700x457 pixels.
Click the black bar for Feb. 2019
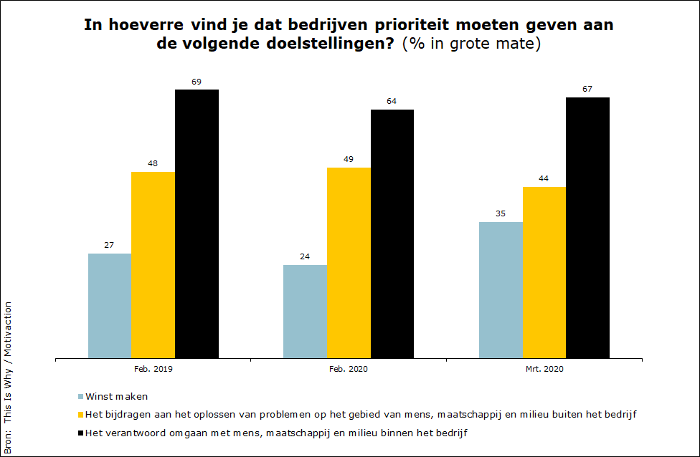click(197, 223)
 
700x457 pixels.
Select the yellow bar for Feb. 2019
click(153, 264)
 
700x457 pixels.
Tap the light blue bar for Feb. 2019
click(110, 305)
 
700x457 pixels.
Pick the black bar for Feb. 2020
click(392, 234)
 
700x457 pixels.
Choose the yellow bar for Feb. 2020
click(349, 262)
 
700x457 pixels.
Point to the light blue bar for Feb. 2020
click(305, 311)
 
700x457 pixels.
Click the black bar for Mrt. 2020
click(587, 227)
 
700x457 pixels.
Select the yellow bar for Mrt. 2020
click(544, 272)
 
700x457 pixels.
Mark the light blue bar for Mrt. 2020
click(501, 289)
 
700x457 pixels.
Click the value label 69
click(197, 82)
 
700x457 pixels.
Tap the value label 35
click(500, 213)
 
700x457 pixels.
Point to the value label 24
click(305, 256)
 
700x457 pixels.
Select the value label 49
click(349, 159)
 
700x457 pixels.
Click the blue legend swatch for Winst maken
click(80, 396)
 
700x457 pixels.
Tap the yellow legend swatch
click(80, 415)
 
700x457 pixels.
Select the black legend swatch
click(80, 433)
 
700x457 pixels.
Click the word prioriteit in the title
click(410, 25)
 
